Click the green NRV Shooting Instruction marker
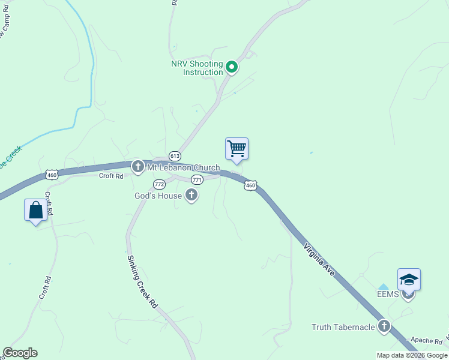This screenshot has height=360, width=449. [x=232, y=67]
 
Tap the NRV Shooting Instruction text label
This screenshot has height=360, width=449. [x=196, y=68]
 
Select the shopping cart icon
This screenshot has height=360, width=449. [x=237, y=148]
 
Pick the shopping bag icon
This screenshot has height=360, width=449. [x=35, y=210]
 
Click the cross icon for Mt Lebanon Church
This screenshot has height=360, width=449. [x=137, y=166]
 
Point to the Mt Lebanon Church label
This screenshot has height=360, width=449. [x=184, y=167]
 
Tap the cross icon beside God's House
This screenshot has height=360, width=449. [x=191, y=194]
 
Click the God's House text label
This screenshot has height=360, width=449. [x=158, y=195]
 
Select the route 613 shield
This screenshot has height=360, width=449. [x=175, y=155]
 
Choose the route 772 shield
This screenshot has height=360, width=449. [x=159, y=184]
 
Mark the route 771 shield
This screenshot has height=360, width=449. [x=197, y=180]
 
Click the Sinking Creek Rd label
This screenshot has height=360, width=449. [x=142, y=282]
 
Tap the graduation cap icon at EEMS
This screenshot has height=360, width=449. [x=409, y=280]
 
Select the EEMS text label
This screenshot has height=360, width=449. [x=388, y=294]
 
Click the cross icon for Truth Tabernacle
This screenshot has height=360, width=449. [x=384, y=326]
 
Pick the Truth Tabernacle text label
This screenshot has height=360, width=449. [x=343, y=327]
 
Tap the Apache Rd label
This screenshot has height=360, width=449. [x=422, y=340]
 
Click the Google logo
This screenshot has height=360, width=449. [x=20, y=353]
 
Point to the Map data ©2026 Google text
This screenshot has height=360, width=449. [x=412, y=355]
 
